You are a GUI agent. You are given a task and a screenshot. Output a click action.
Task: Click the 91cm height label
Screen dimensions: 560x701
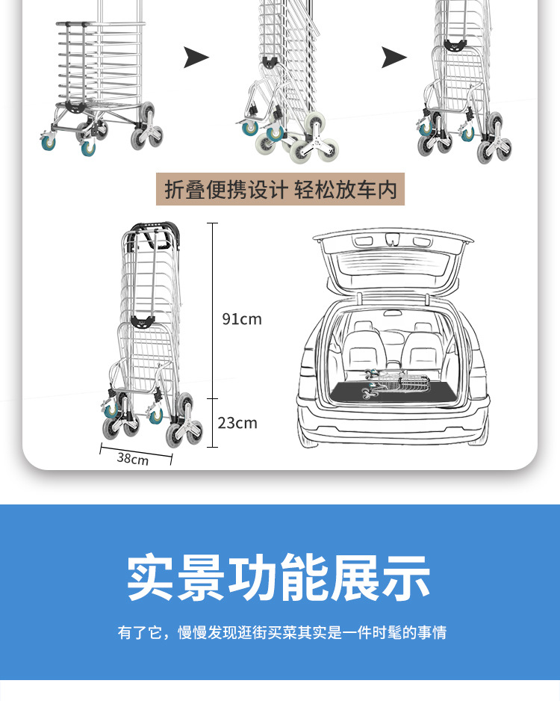pos(241,319)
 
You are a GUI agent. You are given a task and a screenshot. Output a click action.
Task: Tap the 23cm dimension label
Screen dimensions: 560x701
pos(237,423)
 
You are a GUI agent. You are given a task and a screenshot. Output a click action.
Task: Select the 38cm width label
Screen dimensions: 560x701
pos(133,458)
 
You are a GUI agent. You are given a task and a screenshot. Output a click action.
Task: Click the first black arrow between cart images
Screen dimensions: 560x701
pos(196,57)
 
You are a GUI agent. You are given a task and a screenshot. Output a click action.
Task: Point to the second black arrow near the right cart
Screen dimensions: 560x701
pos(394,57)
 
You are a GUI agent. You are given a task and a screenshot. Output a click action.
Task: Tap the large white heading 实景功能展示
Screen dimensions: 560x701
pos(279,577)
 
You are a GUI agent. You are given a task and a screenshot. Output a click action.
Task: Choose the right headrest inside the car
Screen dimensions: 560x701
pos(422,329)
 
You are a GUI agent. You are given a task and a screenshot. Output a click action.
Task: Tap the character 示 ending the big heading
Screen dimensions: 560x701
pos(407,577)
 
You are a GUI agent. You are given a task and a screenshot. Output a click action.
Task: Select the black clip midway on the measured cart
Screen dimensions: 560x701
pos(141,321)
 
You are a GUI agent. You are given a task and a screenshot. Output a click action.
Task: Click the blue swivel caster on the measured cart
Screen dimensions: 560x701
pos(111,410)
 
